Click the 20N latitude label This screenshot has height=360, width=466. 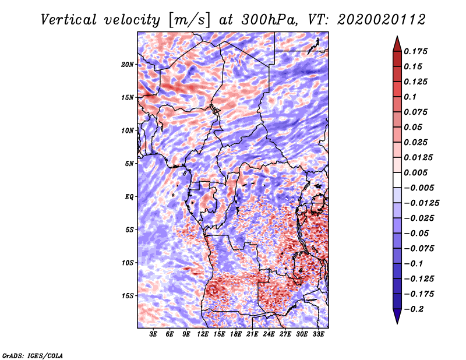(128, 65)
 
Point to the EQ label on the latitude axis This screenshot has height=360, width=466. (129, 197)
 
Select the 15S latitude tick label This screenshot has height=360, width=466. (128, 296)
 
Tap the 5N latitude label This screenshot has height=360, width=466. (129, 164)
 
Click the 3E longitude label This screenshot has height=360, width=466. (153, 334)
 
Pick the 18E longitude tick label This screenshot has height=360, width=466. (236, 334)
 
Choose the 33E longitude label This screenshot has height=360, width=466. (318, 334)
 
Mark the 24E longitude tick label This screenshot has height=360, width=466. (269, 334)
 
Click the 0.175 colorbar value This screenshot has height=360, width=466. (416, 51)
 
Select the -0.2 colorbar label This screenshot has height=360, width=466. (414, 309)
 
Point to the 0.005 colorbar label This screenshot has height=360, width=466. (416, 172)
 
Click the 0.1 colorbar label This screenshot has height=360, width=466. (411, 97)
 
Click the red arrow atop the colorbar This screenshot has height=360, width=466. (397, 44)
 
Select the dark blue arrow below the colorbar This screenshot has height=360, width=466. (397, 316)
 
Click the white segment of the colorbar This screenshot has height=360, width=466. (397, 180)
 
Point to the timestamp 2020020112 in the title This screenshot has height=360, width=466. (382, 20)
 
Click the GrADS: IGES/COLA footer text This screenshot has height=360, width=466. (33, 356)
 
